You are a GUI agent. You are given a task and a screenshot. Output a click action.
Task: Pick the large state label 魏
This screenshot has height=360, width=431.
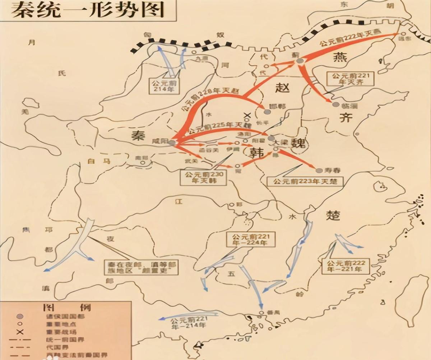298,143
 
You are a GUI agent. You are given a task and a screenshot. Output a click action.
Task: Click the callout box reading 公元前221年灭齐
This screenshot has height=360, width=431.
348,79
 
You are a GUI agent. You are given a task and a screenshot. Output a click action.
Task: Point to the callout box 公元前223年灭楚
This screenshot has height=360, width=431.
305,181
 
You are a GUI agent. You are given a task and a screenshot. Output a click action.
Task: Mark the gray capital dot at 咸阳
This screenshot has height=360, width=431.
172,143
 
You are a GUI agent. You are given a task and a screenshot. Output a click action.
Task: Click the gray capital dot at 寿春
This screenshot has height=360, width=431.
319,170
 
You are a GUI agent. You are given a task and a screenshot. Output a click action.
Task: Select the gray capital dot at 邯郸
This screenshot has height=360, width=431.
267,112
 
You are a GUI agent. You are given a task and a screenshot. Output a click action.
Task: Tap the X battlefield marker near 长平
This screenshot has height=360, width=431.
247,116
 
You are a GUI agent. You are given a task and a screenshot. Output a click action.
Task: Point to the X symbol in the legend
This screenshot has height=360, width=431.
20,332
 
